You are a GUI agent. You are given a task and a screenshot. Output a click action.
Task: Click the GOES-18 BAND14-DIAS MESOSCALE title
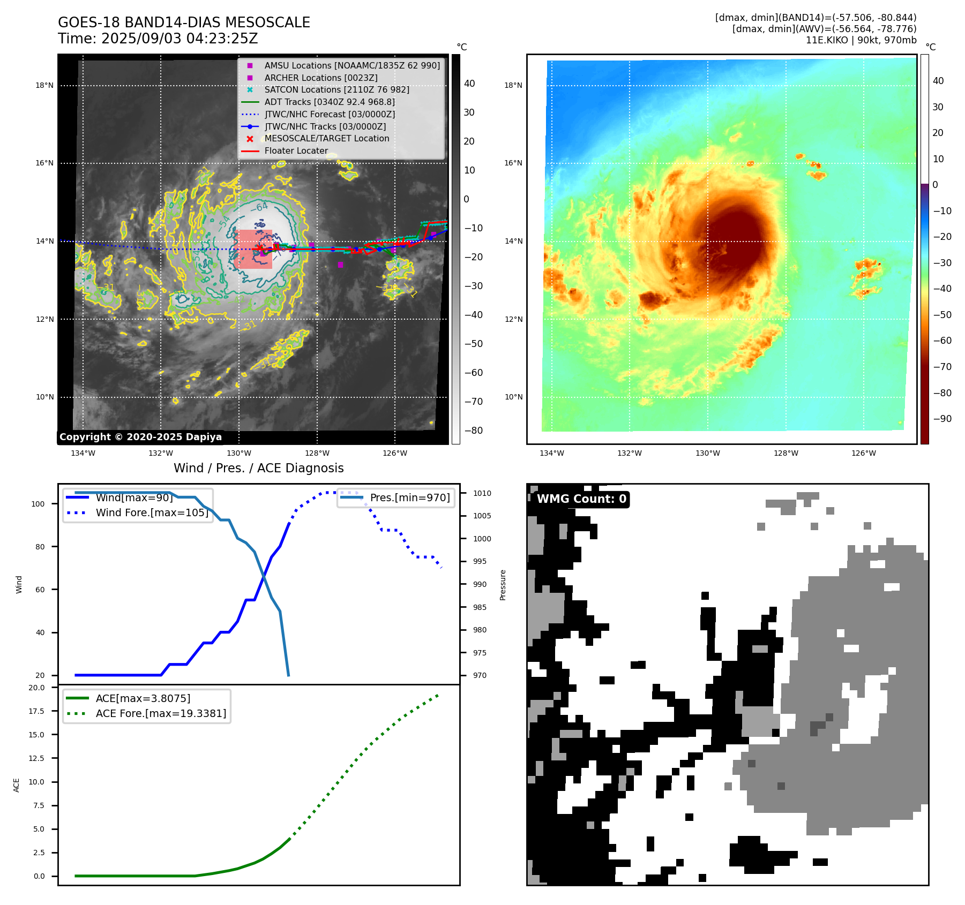coord(184,22)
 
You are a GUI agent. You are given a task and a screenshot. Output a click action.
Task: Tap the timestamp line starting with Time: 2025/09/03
coord(158,39)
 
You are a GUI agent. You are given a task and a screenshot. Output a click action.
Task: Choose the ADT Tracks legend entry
coord(329,102)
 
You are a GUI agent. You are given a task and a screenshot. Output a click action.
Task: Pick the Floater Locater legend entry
coord(296,150)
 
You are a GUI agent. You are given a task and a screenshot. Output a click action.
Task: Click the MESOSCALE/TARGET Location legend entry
coord(326,138)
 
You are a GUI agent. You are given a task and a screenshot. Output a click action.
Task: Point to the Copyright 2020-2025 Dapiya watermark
coord(140,437)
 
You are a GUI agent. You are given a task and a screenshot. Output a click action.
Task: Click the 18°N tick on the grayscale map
coord(45,85)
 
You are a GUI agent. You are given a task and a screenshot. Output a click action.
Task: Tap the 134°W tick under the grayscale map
coord(83,453)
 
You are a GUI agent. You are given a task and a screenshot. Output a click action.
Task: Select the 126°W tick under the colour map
coord(864,453)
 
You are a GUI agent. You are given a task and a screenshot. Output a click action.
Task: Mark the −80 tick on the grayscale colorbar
coord(474,431)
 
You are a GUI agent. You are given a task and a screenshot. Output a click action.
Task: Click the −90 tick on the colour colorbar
coord(942,419)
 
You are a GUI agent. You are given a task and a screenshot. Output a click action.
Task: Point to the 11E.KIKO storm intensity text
coord(861,40)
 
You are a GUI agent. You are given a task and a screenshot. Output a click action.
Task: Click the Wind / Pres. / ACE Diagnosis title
coord(258,468)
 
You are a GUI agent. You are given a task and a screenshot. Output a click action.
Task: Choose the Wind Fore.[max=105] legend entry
coord(152,512)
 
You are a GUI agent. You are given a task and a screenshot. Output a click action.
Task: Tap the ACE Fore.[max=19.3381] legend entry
coord(161,713)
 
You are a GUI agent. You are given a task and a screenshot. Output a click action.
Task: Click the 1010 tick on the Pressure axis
coord(482,493)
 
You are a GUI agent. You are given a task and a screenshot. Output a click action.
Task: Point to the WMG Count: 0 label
coord(581,499)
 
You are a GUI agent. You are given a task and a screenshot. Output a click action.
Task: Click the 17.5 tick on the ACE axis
coord(37,711)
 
